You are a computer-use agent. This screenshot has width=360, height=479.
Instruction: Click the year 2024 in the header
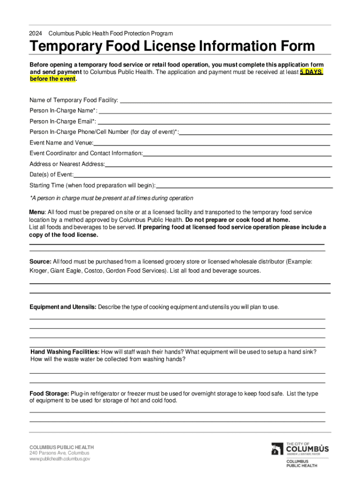(x=36, y=34)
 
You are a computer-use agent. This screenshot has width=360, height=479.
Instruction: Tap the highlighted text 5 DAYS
(x=311, y=72)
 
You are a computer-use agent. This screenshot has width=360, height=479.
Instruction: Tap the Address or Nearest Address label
(x=67, y=164)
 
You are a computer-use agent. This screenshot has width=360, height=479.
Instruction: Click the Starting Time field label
(x=92, y=186)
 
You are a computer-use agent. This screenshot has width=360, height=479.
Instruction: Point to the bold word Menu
(x=37, y=212)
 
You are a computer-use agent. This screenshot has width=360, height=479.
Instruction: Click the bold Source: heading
(x=40, y=261)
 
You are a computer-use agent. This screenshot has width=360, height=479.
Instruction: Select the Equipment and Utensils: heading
(x=63, y=307)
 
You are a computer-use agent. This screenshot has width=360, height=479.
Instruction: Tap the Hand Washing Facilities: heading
(x=65, y=352)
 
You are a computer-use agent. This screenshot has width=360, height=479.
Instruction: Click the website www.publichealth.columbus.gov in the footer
(x=59, y=459)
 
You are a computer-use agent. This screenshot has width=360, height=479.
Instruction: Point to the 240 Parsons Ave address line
(x=59, y=453)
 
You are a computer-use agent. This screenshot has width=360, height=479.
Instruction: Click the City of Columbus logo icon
(x=277, y=449)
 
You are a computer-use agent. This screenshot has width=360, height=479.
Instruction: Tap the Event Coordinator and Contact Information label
(x=86, y=153)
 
